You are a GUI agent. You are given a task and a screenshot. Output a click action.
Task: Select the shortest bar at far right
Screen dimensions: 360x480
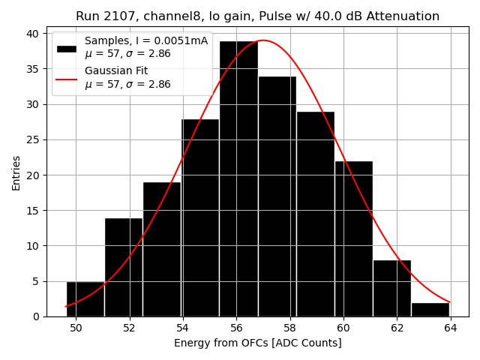click(x=430, y=309)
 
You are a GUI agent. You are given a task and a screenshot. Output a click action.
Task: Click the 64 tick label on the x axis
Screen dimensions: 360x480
click(x=451, y=328)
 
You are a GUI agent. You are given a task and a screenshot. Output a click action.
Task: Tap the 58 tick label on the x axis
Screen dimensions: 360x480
click(x=290, y=328)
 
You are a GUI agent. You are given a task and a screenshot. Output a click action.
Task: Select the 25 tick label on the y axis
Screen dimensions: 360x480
click(x=34, y=139)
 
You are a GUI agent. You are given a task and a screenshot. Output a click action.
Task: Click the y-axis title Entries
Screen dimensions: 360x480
click(x=16, y=172)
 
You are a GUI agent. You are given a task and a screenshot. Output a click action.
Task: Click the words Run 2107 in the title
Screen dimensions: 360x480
click(x=102, y=16)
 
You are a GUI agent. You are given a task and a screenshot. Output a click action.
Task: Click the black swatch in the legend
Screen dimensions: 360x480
click(x=66, y=48)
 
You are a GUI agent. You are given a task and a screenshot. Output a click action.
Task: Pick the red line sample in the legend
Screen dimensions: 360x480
click(x=66, y=78)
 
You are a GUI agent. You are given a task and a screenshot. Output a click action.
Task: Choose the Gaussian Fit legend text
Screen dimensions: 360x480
click(x=116, y=70)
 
